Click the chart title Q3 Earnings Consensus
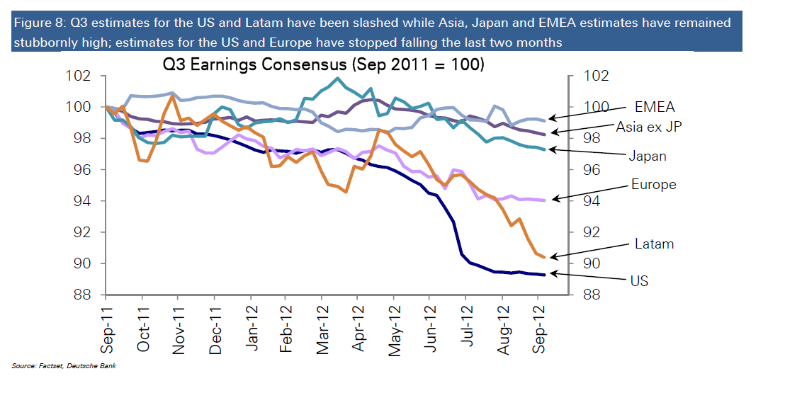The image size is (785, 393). [x=323, y=65]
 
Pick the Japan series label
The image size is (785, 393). [x=648, y=156]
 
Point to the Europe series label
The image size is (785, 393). [x=653, y=185]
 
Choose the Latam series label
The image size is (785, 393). [x=653, y=244]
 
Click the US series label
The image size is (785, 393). [x=639, y=281]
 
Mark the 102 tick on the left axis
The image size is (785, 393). [x=82, y=76]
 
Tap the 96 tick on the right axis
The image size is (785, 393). [x=592, y=170]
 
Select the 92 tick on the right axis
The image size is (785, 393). [x=592, y=232]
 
